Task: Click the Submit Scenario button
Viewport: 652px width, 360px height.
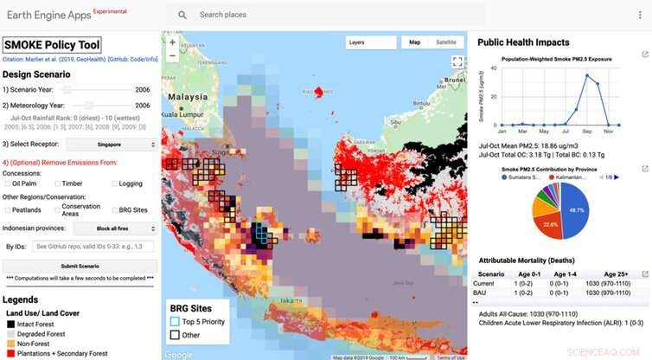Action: click(80, 265)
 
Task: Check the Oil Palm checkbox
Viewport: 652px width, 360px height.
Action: click(7, 183)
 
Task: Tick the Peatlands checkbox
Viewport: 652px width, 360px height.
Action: click(7, 209)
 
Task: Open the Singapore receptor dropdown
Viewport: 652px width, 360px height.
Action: click(112, 145)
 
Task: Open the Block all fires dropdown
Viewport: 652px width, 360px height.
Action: click(115, 228)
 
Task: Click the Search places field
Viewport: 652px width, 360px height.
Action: click(329, 15)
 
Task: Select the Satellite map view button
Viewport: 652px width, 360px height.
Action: click(445, 42)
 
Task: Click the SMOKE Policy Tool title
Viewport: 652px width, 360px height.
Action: click(52, 45)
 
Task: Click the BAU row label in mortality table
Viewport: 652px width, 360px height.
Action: click(485, 293)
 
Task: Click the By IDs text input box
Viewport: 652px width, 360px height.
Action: click(94, 247)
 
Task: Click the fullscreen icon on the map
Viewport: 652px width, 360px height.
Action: click(457, 62)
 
